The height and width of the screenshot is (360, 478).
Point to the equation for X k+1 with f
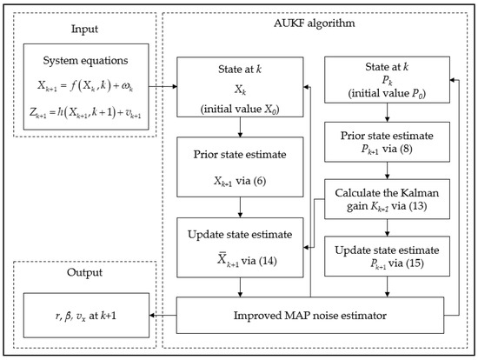(x=79, y=86)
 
